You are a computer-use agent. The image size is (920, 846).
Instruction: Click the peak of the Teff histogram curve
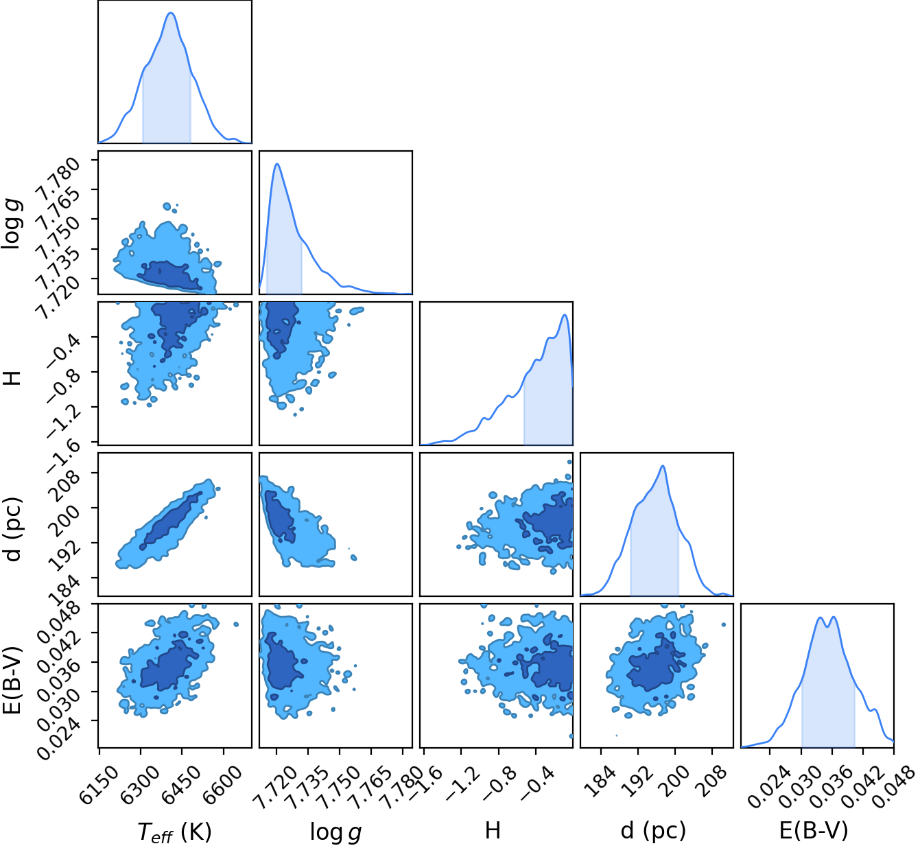(x=171, y=13)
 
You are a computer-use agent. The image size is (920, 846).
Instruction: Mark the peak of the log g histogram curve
(x=276, y=164)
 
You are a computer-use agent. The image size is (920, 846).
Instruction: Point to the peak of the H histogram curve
(x=565, y=315)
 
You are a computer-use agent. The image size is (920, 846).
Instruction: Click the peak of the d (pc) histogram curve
(x=663, y=466)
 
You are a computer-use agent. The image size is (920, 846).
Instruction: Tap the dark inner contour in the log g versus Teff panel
(x=169, y=275)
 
